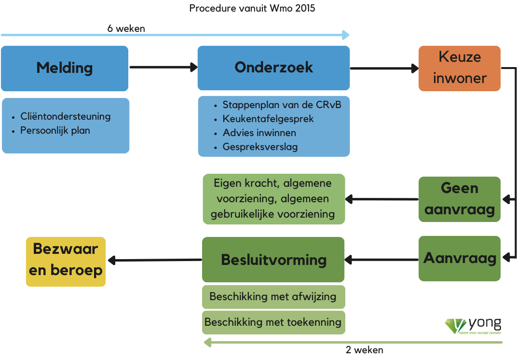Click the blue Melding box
[65, 69]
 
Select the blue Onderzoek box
[273, 68]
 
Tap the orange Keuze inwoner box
[460, 69]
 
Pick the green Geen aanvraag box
[460, 199]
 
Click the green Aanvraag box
[460, 258]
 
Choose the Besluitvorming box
[273, 259]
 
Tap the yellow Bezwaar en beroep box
[66, 262]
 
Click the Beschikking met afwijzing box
[273, 297]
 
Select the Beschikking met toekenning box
[273, 322]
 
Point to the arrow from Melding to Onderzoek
[163, 67]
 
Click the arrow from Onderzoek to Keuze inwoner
[384, 69]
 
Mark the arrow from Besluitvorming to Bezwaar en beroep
[155, 260]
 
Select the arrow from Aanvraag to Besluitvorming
[381, 260]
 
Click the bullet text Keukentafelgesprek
[268, 119]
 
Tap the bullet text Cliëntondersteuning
[66, 116]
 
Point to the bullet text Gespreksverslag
[260, 147]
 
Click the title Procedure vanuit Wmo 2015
[252, 8]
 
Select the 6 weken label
[126, 28]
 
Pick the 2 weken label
[365, 350]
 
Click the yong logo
[473, 326]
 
